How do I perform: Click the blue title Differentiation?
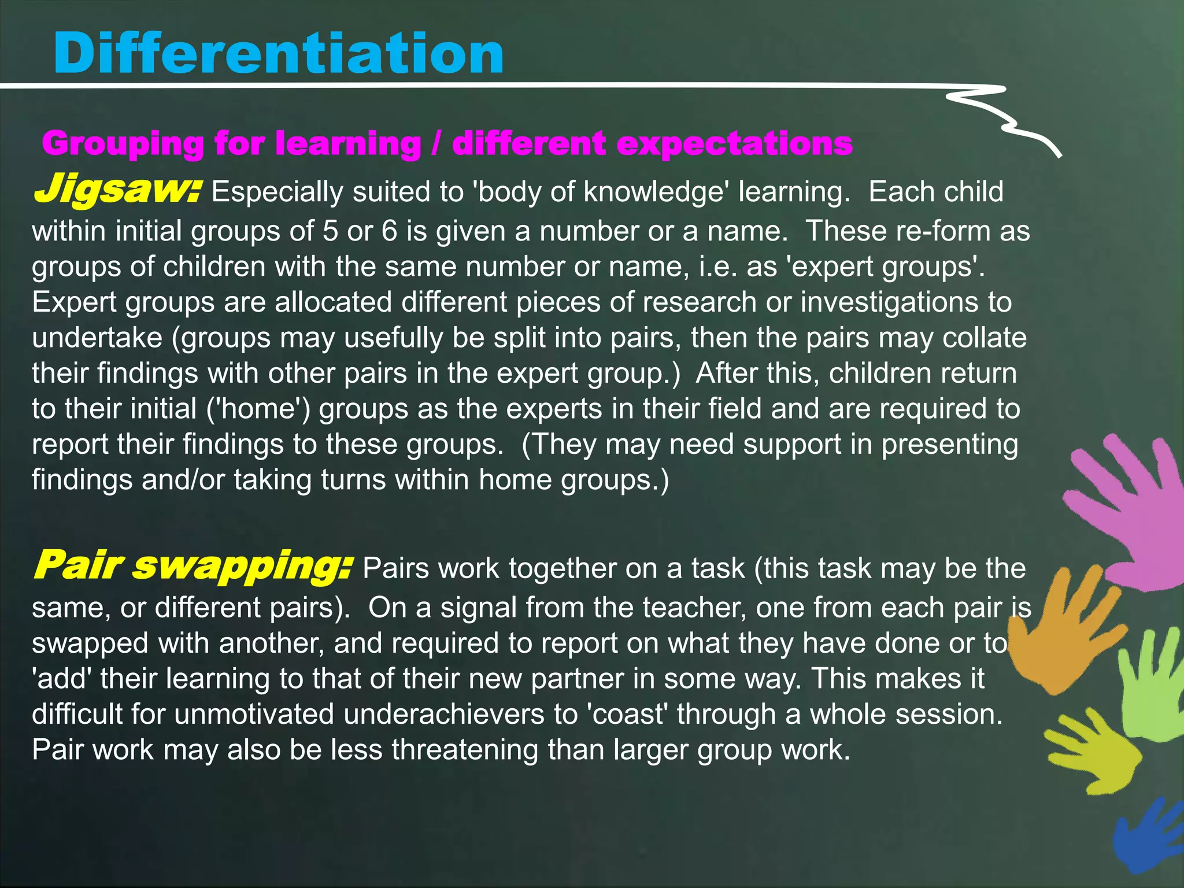[278, 54]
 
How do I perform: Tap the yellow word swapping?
[242, 566]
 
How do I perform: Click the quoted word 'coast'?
[627, 715]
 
